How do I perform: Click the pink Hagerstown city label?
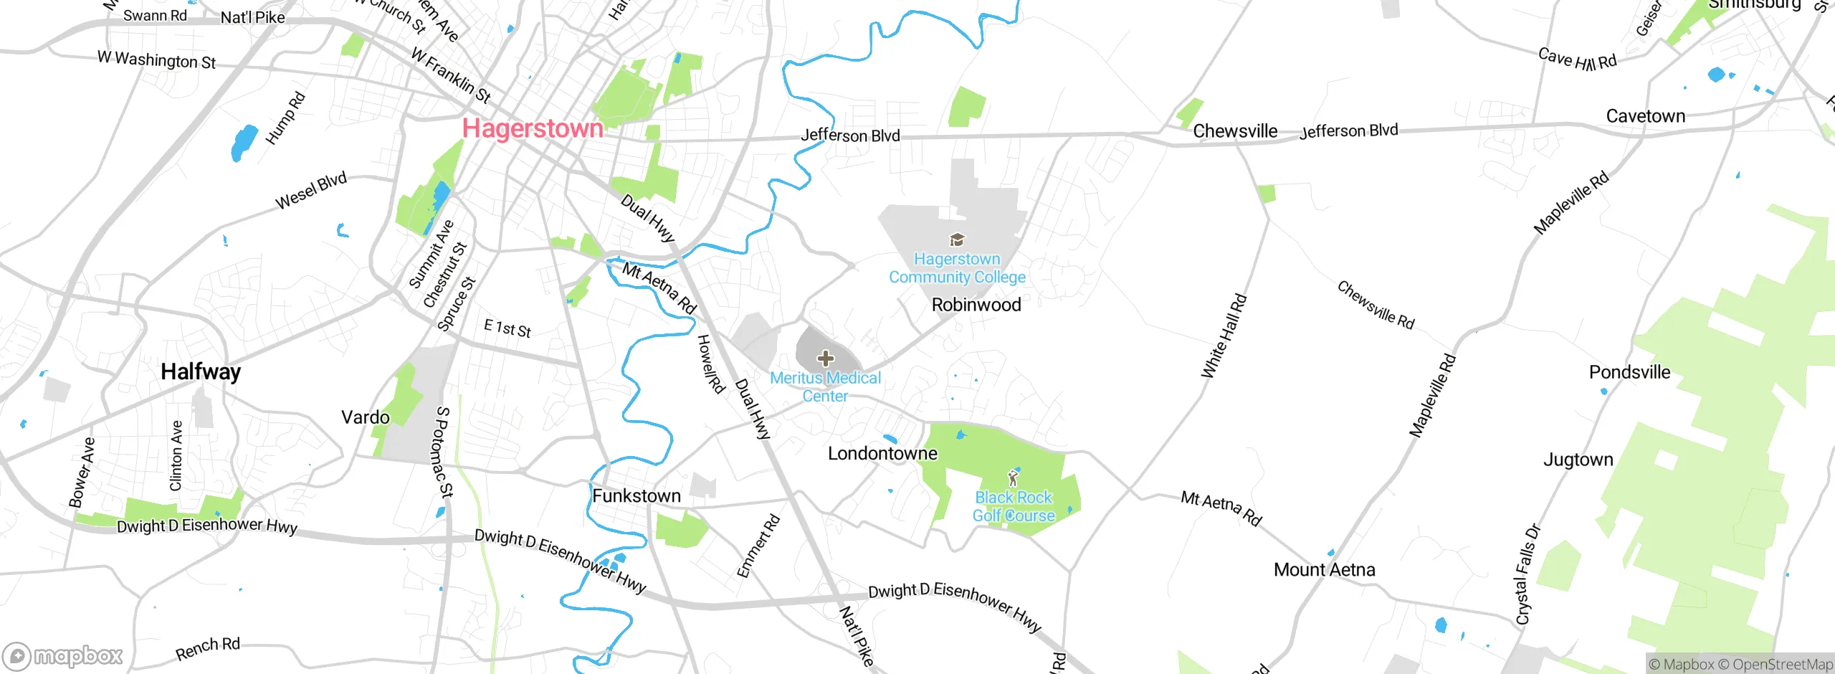533,128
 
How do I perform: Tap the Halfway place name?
201,371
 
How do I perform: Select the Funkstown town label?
637,495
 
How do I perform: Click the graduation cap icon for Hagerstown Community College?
957,239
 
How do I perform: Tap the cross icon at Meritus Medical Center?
826,358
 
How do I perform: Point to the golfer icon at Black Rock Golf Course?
1013,478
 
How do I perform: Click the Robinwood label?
976,305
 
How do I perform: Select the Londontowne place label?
882,453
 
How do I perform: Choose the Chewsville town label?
1235,131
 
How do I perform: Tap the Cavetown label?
1645,116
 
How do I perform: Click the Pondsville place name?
1629,372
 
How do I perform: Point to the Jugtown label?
1578,460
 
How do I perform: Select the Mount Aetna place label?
1324,570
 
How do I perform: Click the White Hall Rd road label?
1224,336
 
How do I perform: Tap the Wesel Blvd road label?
311,190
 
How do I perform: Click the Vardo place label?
366,417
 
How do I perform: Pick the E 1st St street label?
507,328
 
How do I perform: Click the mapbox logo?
63,656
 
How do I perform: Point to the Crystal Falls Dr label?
1527,574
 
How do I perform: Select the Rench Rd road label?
208,648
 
